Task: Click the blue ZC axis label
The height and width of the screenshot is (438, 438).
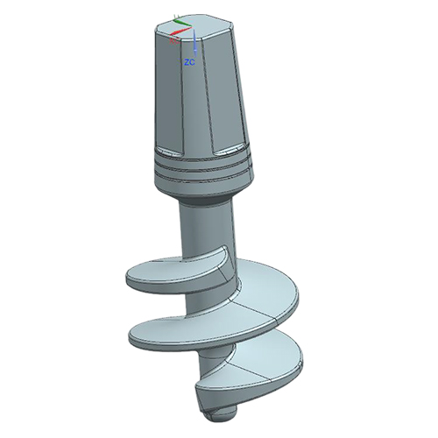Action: pos(188,63)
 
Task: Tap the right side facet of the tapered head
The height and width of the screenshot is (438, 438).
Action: pos(240,88)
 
